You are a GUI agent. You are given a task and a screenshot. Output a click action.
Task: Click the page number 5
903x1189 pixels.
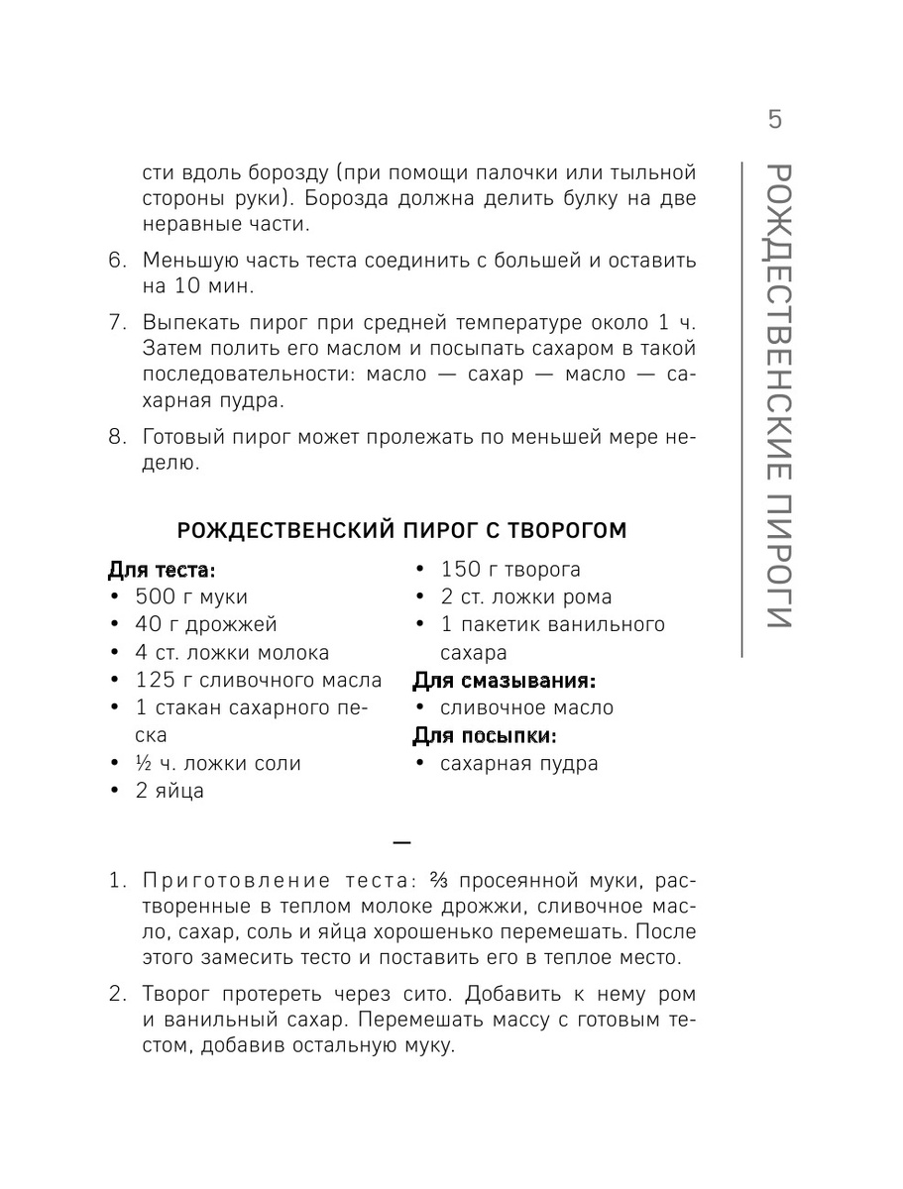[x=774, y=120]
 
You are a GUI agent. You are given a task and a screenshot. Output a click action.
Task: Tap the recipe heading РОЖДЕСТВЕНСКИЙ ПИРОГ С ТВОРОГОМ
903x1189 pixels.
[x=400, y=531]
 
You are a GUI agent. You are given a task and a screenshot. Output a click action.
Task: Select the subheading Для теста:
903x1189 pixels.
[x=161, y=570]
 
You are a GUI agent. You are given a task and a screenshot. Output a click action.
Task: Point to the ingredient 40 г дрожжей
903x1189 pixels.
[x=206, y=624]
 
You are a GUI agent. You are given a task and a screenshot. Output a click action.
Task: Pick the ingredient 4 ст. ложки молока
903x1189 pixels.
[x=232, y=653]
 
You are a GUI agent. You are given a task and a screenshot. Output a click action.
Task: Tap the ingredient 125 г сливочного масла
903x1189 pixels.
[x=258, y=681]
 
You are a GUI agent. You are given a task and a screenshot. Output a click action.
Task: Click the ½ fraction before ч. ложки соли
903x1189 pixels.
[x=146, y=764]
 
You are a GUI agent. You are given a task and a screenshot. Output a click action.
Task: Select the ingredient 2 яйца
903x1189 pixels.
[x=169, y=792]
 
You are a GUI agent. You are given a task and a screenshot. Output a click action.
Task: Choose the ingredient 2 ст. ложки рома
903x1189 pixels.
[x=526, y=597]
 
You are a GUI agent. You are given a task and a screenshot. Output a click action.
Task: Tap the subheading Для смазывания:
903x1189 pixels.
[x=504, y=681]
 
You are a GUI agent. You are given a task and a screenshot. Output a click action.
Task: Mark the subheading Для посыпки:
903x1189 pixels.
[x=484, y=736]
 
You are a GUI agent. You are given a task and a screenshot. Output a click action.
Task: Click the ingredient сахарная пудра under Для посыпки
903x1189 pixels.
[x=518, y=764]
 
